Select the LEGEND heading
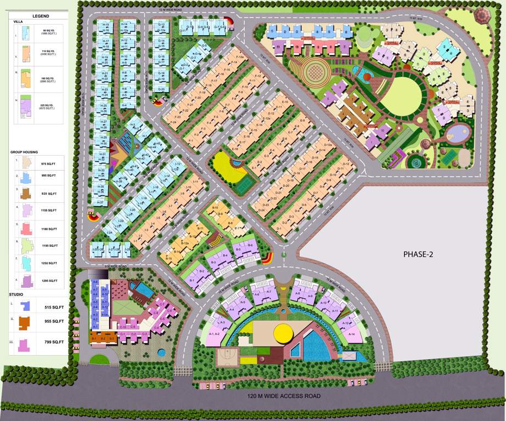tap(41, 16)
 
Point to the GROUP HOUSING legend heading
tap(25, 151)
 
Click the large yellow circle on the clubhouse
tap(284, 332)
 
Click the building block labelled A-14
tap(351, 334)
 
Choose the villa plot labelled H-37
tap(100, 203)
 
